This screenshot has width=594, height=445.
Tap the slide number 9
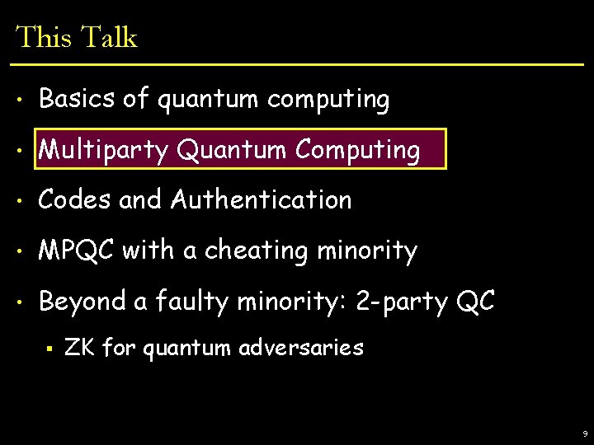585,433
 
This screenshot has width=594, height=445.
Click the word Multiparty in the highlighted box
104,150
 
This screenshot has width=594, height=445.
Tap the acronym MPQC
77,250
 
